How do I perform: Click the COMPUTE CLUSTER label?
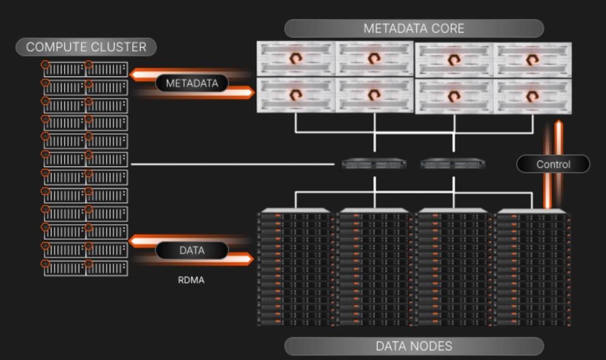[85, 47]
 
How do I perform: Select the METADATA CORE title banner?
[414, 28]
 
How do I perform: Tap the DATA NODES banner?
[414, 346]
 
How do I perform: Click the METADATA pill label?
[192, 83]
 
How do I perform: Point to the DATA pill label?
[192, 251]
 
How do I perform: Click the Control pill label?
[553, 164]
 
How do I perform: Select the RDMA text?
[191, 280]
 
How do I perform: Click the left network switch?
[374, 164]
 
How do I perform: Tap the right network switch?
[453, 164]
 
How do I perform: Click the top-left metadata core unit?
[295, 58]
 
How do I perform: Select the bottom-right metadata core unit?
[532, 96]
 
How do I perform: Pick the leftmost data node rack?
[295, 268]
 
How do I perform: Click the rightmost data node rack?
[533, 268]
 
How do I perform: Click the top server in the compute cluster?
[85, 69]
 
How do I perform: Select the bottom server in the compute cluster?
[85, 268]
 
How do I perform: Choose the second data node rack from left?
[374, 268]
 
